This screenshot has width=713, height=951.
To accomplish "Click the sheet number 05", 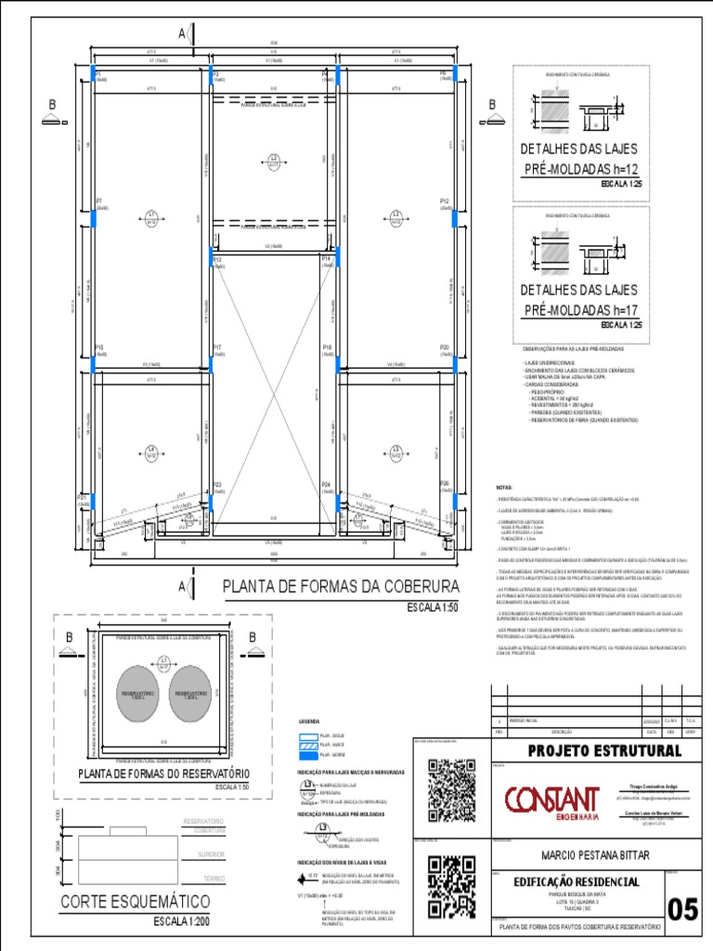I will (682, 908).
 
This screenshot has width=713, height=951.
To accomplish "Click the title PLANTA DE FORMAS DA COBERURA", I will (342, 588).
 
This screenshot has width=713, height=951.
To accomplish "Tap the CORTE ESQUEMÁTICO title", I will (136, 902).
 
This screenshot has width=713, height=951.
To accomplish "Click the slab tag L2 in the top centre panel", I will (274, 159).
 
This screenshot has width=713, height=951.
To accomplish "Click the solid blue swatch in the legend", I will (306, 756).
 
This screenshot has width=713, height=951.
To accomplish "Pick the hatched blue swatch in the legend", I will (306, 745).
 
